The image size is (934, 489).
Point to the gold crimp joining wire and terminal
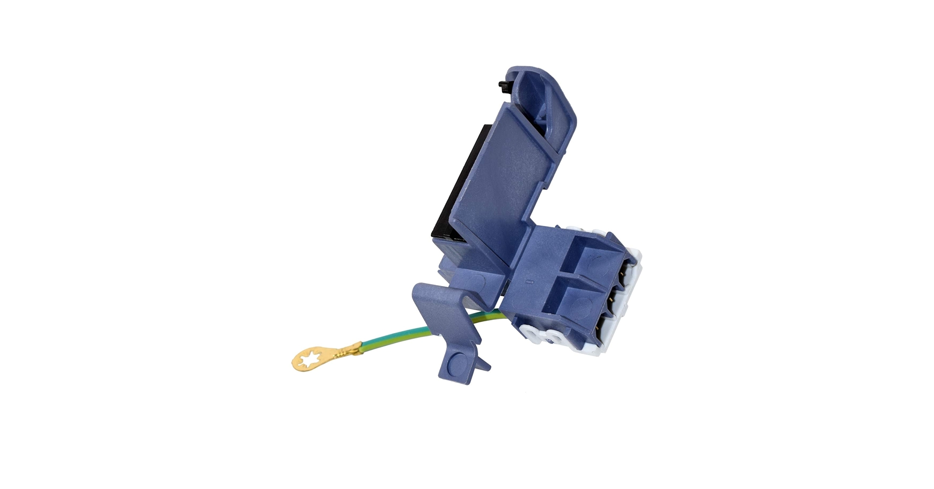(351, 350)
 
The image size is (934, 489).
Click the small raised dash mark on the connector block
(530, 282)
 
